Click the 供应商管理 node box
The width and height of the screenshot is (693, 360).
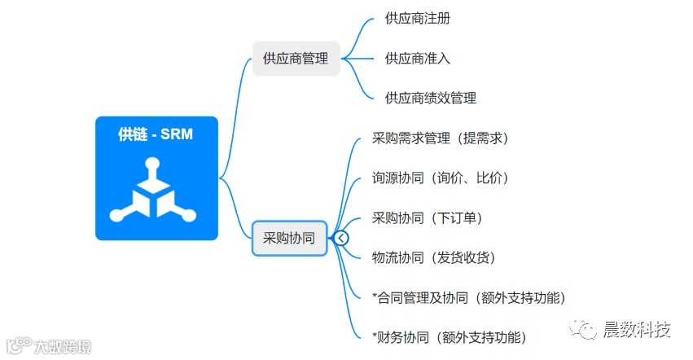pyautogui.click(x=296, y=59)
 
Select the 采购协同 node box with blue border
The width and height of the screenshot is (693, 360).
pyautogui.click(x=289, y=238)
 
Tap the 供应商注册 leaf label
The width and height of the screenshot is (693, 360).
pyautogui.click(x=417, y=19)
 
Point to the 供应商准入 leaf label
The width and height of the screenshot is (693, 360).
pyautogui.click(x=417, y=59)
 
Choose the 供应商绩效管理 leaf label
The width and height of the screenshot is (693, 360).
pyautogui.click(x=430, y=98)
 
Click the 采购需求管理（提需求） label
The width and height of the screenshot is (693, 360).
pyautogui.click(x=440, y=138)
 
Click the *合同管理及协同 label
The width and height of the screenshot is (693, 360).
pyautogui.click(x=467, y=297)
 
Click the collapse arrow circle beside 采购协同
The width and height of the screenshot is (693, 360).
pyautogui.click(x=341, y=238)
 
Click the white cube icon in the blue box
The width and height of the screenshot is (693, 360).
pyautogui.click(x=156, y=193)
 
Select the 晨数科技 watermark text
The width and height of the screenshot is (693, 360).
pyautogui.click(x=637, y=330)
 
